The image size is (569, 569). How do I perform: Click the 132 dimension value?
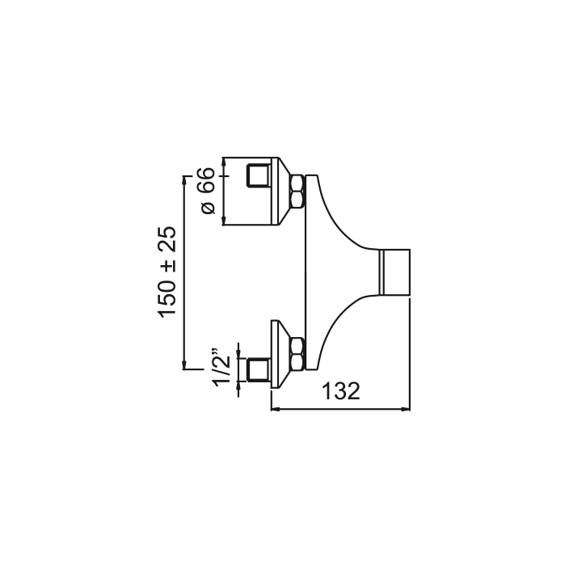(x=341, y=391)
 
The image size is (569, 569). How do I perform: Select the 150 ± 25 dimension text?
(x=166, y=272)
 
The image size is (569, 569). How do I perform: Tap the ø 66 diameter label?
(x=208, y=191)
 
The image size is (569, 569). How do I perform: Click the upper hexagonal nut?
(x=297, y=192)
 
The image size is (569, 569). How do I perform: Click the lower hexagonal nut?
(x=297, y=354)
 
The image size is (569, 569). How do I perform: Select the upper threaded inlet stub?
(x=258, y=176)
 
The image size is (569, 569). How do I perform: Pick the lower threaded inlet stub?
(x=258, y=370)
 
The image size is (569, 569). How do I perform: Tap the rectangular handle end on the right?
(x=394, y=272)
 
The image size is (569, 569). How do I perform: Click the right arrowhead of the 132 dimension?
(x=406, y=409)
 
